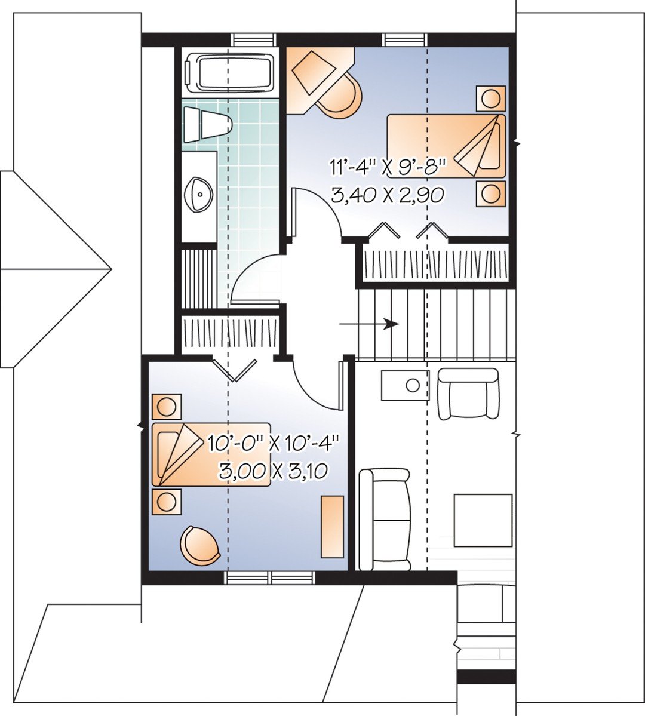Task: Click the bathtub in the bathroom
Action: [230, 73]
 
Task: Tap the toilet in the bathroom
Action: [206, 125]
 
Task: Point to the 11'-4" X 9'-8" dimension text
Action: [389, 167]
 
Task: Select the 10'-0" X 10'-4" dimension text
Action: [274, 443]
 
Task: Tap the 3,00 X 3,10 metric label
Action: [274, 472]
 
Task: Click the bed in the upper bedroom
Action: [446, 146]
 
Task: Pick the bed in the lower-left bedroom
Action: [210, 454]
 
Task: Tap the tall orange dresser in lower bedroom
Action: [333, 527]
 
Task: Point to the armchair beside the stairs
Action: [468, 394]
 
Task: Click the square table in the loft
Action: [483, 520]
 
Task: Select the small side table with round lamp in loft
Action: [405, 385]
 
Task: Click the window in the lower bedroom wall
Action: [269, 577]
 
